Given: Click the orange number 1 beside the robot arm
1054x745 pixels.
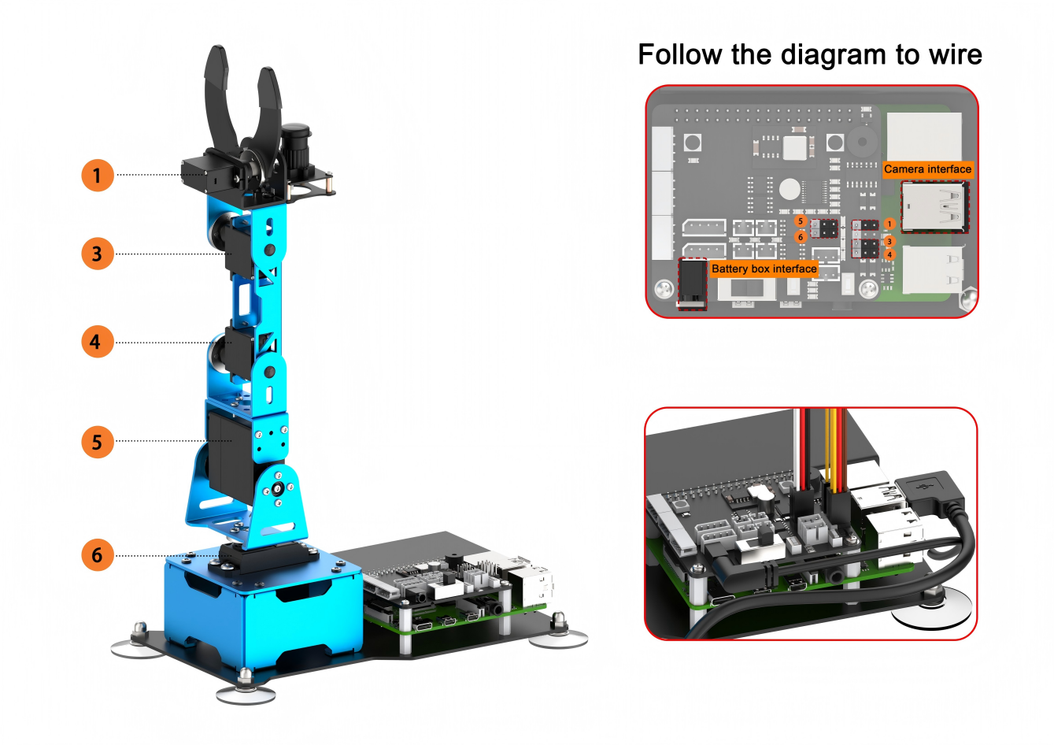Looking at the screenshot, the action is (98, 175).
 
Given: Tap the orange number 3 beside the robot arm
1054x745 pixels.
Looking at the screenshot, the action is (98, 254).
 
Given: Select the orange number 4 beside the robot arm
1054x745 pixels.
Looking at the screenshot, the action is (98, 342).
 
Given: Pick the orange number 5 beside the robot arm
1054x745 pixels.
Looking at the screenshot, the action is (98, 442).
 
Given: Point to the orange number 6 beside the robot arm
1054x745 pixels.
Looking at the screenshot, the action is (98, 555).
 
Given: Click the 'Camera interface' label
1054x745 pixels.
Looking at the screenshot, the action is (927, 169).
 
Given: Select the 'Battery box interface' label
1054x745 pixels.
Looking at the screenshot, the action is (764, 269).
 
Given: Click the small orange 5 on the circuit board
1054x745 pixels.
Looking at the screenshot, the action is (801, 221).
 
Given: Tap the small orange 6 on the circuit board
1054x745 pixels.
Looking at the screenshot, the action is (801, 237).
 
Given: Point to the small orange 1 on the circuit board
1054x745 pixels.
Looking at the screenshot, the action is (889, 224).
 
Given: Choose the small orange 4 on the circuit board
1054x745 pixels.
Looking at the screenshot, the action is (889, 254).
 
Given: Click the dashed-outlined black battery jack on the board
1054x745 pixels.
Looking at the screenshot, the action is (693, 284).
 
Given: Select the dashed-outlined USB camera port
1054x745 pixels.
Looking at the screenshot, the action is (935, 208).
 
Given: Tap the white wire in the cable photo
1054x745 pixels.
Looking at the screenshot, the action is (796, 447).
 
